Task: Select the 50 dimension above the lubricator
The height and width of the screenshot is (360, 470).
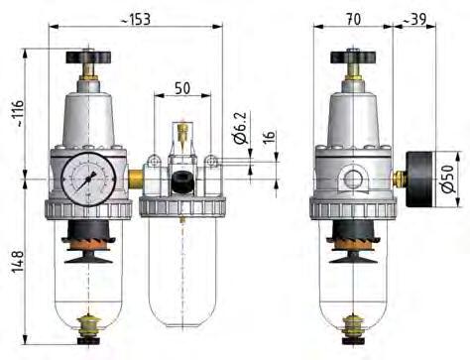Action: (x=182, y=88)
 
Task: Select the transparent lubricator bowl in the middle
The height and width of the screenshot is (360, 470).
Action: (x=182, y=268)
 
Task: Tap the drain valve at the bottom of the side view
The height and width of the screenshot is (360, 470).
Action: (x=353, y=323)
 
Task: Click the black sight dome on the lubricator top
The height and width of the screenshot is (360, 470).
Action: (x=182, y=181)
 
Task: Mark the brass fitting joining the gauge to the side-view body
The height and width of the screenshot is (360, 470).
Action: (x=399, y=180)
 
